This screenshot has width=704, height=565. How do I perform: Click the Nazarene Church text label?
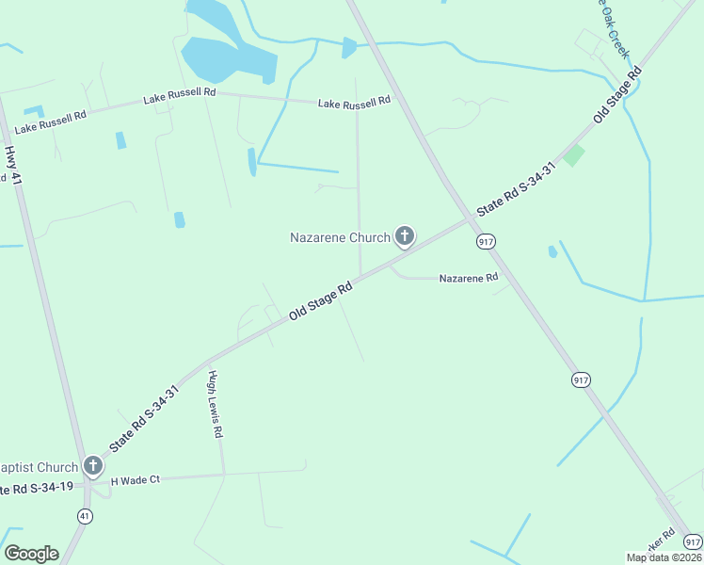point(339,237)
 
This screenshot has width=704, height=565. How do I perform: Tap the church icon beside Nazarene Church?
point(405,236)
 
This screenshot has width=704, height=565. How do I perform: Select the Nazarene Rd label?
point(468,278)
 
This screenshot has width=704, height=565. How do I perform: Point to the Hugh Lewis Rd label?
point(216,404)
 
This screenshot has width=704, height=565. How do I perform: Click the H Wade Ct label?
point(136,480)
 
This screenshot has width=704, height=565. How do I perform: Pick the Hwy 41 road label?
point(12,164)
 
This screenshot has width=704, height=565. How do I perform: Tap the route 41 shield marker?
point(85,516)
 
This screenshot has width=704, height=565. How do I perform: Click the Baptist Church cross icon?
point(92,465)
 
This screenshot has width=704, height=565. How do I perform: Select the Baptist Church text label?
point(39,467)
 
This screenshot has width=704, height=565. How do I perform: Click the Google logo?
point(31,554)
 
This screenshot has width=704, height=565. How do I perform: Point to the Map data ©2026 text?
point(664,557)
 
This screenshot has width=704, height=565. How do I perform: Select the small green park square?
point(572,155)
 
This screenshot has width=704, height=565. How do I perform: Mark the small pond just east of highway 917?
point(552,251)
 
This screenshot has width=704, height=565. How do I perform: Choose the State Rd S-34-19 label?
point(36,489)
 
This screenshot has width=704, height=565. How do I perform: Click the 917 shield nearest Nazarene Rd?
point(487,242)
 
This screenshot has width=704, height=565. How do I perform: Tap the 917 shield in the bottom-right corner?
point(693,541)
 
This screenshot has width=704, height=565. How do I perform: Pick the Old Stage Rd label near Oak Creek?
point(616,95)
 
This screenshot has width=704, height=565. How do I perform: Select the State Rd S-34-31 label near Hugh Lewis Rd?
point(144,417)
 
